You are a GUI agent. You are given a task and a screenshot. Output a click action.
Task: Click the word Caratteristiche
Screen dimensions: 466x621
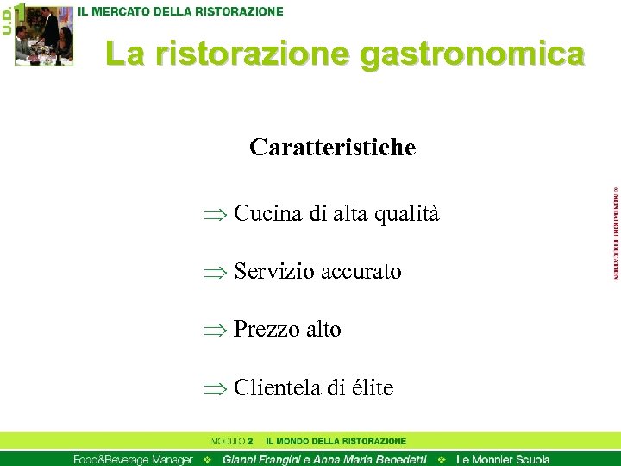[332, 148]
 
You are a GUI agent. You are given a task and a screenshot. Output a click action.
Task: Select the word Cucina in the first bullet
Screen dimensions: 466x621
[268, 214]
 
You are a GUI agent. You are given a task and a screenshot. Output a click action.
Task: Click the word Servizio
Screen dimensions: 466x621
[274, 272]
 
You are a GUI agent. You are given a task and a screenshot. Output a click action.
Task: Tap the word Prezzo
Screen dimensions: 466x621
[264, 330]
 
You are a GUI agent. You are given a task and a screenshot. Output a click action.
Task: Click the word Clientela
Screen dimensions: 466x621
[278, 388]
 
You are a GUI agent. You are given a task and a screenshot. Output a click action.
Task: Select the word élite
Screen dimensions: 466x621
[373, 388]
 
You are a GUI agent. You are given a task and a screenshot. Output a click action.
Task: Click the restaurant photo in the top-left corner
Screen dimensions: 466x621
[43, 35]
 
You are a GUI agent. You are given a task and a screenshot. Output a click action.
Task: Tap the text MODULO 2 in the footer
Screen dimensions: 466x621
[232, 441]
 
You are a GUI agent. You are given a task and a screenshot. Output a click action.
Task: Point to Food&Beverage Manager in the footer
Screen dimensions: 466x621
[132, 459]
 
